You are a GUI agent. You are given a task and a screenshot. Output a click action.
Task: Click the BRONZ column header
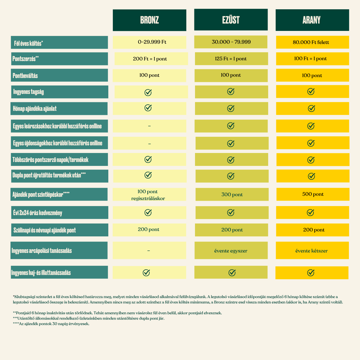[x=149, y=20]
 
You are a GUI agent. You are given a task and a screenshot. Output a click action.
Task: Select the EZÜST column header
[x=231, y=19]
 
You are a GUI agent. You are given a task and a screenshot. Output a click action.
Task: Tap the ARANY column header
[x=312, y=20]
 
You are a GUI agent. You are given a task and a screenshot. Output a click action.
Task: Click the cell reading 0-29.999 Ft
[x=149, y=42]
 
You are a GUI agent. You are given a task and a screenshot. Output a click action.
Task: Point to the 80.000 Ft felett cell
[x=313, y=42]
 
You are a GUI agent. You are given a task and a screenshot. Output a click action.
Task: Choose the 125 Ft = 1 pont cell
[x=232, y=59]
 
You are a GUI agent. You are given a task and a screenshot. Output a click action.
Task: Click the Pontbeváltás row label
[x=59, y=75]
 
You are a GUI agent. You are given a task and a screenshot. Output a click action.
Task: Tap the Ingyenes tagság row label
[x=60, y=92]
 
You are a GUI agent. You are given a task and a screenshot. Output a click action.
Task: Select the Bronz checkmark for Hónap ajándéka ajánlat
[x=148, y=108]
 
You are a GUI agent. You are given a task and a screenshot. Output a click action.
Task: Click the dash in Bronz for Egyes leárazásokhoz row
[x=149, y=126]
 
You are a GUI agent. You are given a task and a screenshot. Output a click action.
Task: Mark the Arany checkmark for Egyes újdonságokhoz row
[x=311, y=143]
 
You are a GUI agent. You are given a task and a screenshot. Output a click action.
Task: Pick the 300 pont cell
[x=232, y=194]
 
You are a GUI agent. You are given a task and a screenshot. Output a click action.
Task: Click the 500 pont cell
[x=313, y=194]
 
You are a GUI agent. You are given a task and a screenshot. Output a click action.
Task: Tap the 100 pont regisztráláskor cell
[x=149, y=194]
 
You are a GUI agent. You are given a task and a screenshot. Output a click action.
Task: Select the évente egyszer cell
[x=231, y=250]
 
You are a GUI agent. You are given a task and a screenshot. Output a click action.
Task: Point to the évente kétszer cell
[x=312, y=250]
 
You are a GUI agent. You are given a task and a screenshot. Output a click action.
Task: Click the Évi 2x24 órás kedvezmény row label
[x=60, y=213]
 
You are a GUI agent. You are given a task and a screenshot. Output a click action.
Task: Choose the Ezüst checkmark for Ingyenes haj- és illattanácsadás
[x=232, y=273]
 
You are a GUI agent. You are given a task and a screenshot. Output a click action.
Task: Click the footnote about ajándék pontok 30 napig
[x=51, y=324]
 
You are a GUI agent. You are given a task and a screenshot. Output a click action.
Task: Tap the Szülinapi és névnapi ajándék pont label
[x=60, y=230]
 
